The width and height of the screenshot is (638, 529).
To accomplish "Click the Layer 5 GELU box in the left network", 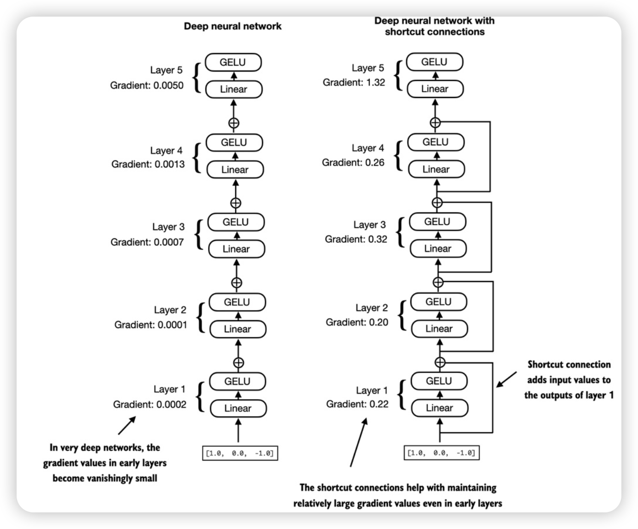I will click(233, 62).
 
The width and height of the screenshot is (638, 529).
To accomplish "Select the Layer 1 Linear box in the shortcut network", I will click(439, 408).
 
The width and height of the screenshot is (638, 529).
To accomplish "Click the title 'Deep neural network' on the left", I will click(233, 26).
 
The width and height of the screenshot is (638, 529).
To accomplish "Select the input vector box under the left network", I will click(240, 453).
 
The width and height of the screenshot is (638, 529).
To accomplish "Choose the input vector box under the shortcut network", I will click(440, 453).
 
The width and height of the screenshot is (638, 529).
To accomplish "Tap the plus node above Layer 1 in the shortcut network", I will click(440, 362).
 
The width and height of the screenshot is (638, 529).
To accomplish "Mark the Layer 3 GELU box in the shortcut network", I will click(437, 222).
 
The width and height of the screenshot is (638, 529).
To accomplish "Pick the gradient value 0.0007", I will click(169, 242).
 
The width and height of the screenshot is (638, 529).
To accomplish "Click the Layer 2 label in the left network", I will click(170, 310).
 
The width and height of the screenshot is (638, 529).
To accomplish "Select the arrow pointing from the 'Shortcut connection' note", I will click(506, 379).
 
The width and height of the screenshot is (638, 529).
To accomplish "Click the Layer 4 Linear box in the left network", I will click(235, 170).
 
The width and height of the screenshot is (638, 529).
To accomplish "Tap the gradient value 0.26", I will click(374, 162).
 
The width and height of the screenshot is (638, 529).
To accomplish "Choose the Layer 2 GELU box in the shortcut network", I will click(439, 302).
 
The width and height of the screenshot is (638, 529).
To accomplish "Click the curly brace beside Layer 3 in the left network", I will click(199, 234).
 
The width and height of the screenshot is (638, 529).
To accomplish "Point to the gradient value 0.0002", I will click(171, 404).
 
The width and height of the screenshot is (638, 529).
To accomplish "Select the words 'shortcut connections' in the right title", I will click(434, 32).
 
